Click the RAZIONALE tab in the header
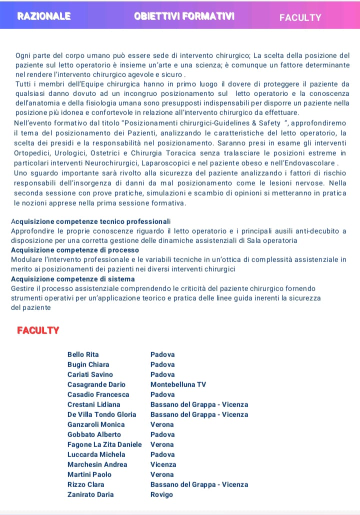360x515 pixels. point(44,16)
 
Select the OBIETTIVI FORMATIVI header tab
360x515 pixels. point(184,16)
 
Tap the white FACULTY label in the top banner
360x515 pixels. point(300,17)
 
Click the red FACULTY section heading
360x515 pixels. point(38,330)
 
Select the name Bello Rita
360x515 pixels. point(83,354)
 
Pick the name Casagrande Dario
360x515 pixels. point(96,384)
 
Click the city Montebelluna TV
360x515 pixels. point(178,384)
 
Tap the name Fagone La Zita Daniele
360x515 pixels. point(104,444)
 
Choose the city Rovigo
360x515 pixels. point(161,494)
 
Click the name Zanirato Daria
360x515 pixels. point(90,494)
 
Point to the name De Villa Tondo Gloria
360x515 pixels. point(101,414)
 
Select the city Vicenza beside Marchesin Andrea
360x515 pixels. point(163,464)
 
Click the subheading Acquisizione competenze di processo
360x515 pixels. point(75,250)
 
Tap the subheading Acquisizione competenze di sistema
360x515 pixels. point(73,279)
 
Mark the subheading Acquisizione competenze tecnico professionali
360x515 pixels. point(90,221)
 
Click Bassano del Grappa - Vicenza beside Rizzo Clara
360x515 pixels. point(199,484)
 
